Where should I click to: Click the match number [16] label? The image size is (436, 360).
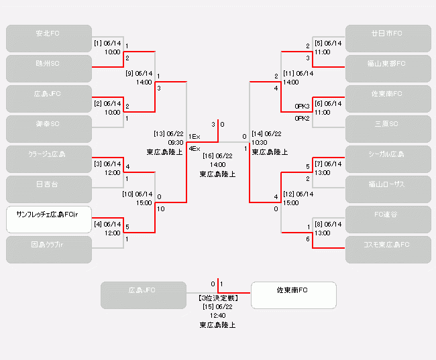(207, 156)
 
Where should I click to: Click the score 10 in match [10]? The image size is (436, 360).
(160, 209)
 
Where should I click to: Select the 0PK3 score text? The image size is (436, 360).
(302, 106)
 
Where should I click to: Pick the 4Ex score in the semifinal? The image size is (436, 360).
(194, 147)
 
